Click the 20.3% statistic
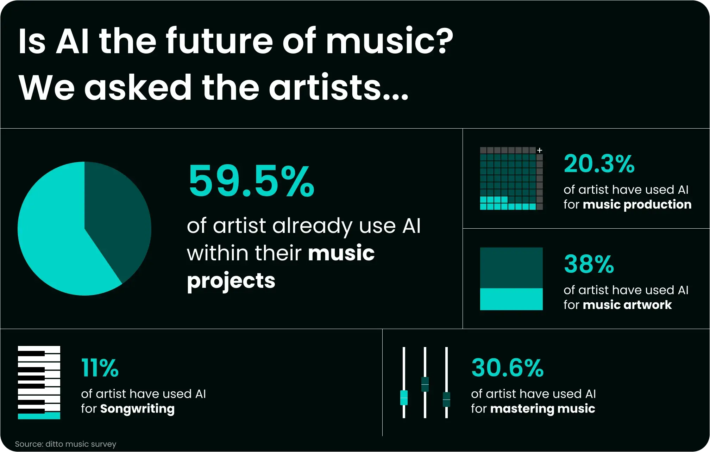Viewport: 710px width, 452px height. pyautogui.click(x=599, y=164)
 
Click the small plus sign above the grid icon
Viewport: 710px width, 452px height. pyautogui.click(x=539, y=150)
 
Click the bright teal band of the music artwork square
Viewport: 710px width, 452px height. pyautogui.click(x=511, y=299)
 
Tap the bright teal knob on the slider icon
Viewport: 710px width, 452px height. pyautogui.click(x=404, y=398)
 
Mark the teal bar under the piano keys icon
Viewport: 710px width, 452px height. pyautogui.click(x=39, y=416)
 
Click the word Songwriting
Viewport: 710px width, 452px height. pyautogui.click(x=137, y=409)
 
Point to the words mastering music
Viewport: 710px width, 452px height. pyautogui.click(x=542, y=409)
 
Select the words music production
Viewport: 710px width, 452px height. pyautogui.click(x=637, y=205)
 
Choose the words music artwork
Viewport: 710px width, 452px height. pyautogui.click(x=627, y=305)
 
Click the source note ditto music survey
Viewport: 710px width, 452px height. pyautogui.click(x=65, y=444)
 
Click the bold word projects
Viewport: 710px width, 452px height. pyautogui.click(x=231, y=281)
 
